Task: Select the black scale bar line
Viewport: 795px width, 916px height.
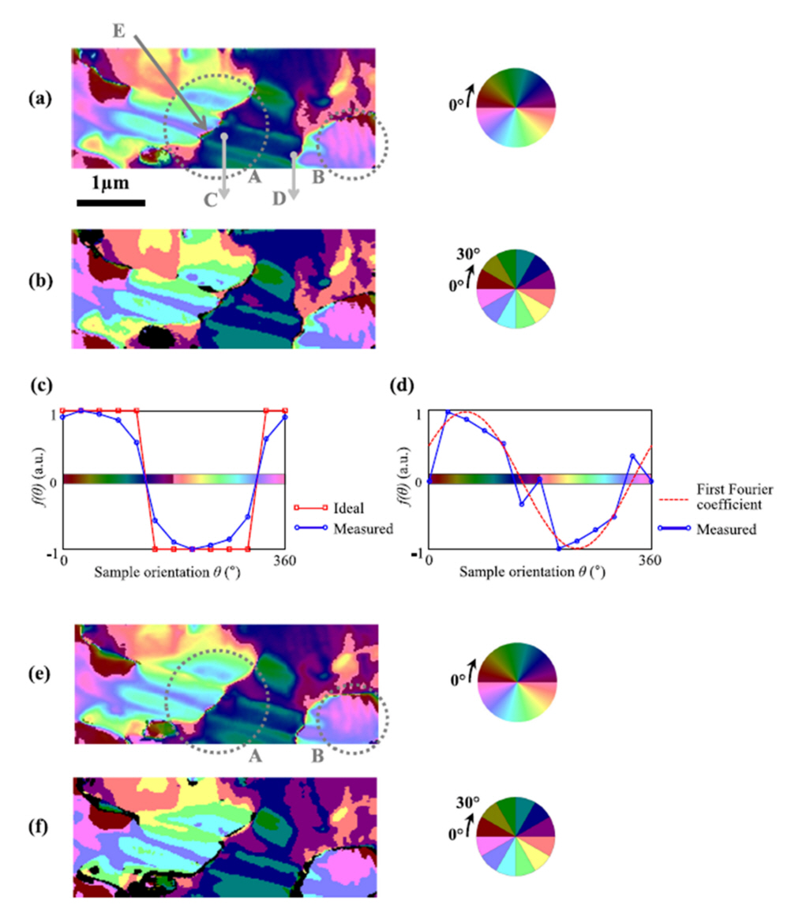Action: tap(111, 202)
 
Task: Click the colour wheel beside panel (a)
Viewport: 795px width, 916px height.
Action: tap(516, 107)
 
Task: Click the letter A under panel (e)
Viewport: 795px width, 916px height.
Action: tap(255, 756)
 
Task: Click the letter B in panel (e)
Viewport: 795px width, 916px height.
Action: tap(317, 754)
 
